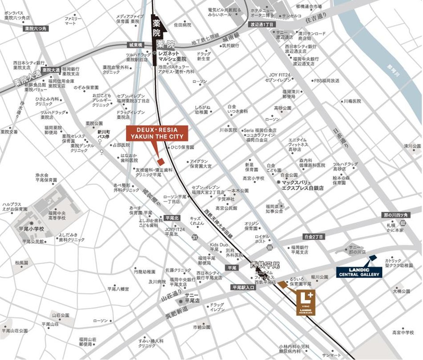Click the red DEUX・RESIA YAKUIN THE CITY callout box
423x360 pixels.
click(157, 133)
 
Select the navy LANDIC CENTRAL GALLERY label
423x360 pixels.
click(359, 272)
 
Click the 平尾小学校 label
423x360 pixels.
click(31, 229)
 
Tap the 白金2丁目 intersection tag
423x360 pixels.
click(312, 237)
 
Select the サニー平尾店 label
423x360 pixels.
click(192, 298)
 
